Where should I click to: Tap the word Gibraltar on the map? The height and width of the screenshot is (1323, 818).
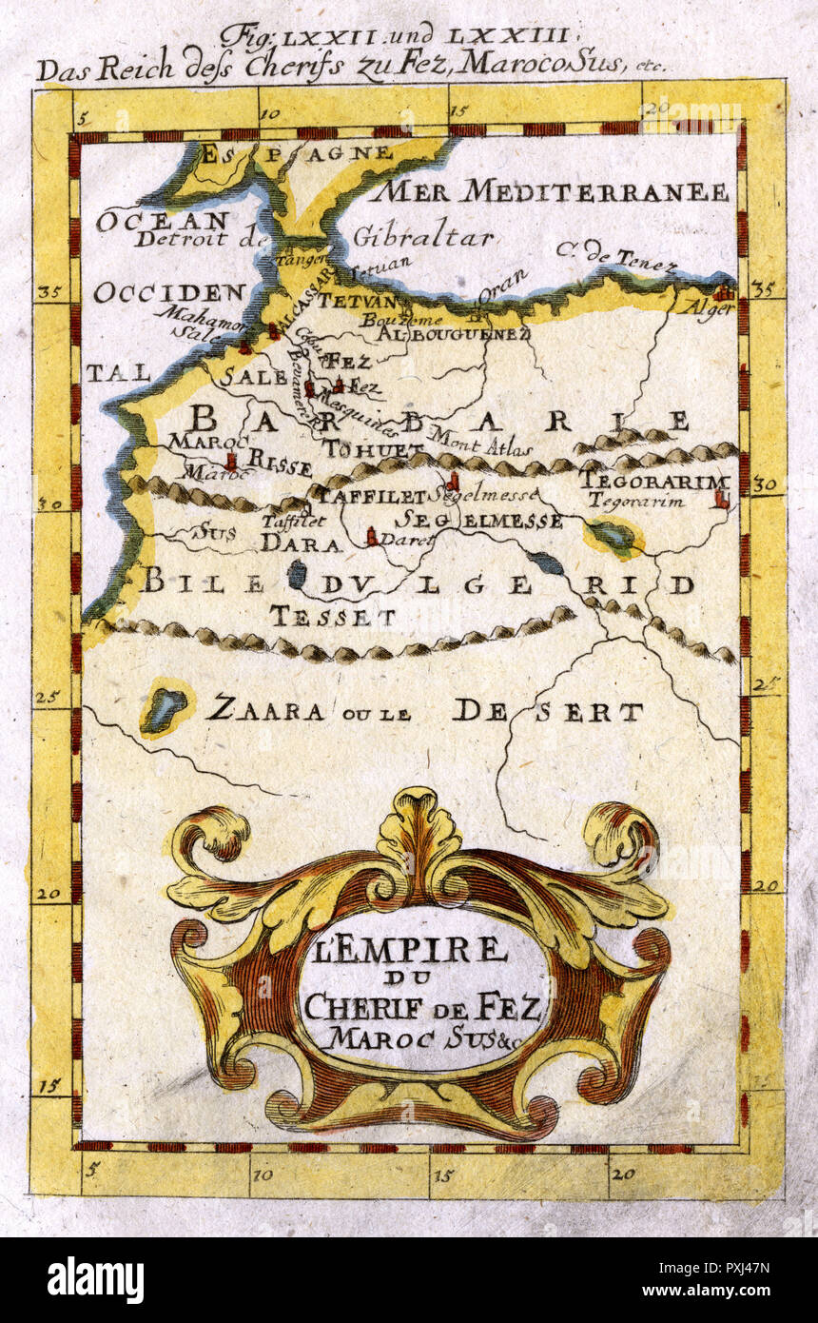tap(422, 237)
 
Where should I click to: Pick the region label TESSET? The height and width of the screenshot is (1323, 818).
tap(332, 617)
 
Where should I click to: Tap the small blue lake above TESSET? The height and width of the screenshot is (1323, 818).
tap(298, 573)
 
